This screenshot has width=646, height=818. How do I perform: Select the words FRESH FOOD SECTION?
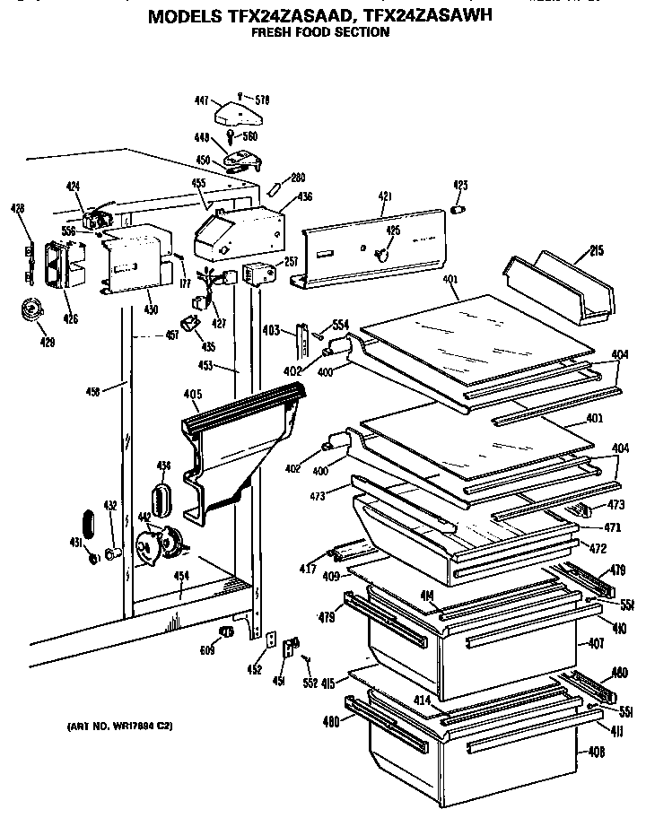click(x=319, y=32)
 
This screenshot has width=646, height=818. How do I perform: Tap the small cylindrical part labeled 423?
click(x=459, y=210)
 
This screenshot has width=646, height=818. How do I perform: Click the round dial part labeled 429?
click(x=33, y=311)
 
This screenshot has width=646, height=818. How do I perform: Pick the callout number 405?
click(x=191, y=394)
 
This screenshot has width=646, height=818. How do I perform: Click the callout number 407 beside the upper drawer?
click(x=596, y=643)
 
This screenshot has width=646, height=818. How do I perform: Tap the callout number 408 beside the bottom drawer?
click(x=596, y=753)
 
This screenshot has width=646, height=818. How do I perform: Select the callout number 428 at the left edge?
click(x=17, y=208)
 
